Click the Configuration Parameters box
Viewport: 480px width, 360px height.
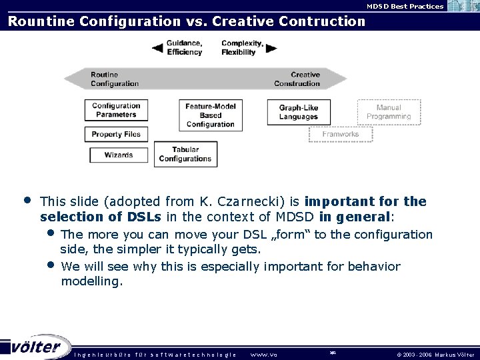[116, 110]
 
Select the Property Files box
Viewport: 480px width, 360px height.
[116, 134]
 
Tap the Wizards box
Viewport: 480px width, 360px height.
[118, 155]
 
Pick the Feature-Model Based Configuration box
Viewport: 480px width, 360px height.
[210, 115]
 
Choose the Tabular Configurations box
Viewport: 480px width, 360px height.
[185, 155]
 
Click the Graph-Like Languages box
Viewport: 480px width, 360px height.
[298, 112]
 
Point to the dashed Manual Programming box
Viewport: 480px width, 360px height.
[389, 112]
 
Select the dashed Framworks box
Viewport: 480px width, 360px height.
[340, 134]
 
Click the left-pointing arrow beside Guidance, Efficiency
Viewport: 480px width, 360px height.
[157, 48]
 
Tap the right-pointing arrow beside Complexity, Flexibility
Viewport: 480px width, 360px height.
[271, 48]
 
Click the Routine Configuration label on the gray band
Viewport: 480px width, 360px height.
[115, 79]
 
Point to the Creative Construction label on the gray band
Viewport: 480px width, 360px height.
[297, 79]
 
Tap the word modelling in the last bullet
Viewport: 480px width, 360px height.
[91, 281]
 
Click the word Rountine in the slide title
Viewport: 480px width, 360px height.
[41, 21]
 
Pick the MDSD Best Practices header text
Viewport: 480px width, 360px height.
[405, 6]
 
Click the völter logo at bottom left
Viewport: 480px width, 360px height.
[37, 347]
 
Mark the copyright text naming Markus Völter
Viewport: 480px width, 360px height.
[435, 354]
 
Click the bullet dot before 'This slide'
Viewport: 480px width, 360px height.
[27, 199]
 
